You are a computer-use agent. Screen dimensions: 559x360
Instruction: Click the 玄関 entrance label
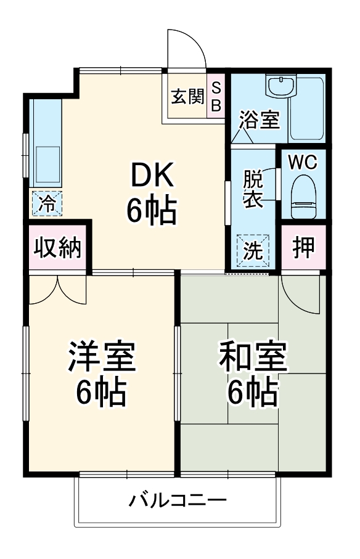(187, 96)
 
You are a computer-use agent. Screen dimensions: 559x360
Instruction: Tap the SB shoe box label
(216, 97)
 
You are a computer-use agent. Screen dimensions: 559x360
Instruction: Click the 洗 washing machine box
(253, 248)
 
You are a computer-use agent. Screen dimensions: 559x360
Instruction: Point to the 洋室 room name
(101, 357)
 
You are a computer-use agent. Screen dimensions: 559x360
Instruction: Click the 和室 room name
(253, 357)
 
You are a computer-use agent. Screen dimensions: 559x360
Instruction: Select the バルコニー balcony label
(178, 499)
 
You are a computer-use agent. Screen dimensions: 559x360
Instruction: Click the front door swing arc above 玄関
(187, 46)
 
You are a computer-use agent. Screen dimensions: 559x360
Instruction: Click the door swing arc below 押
(301, 293)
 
